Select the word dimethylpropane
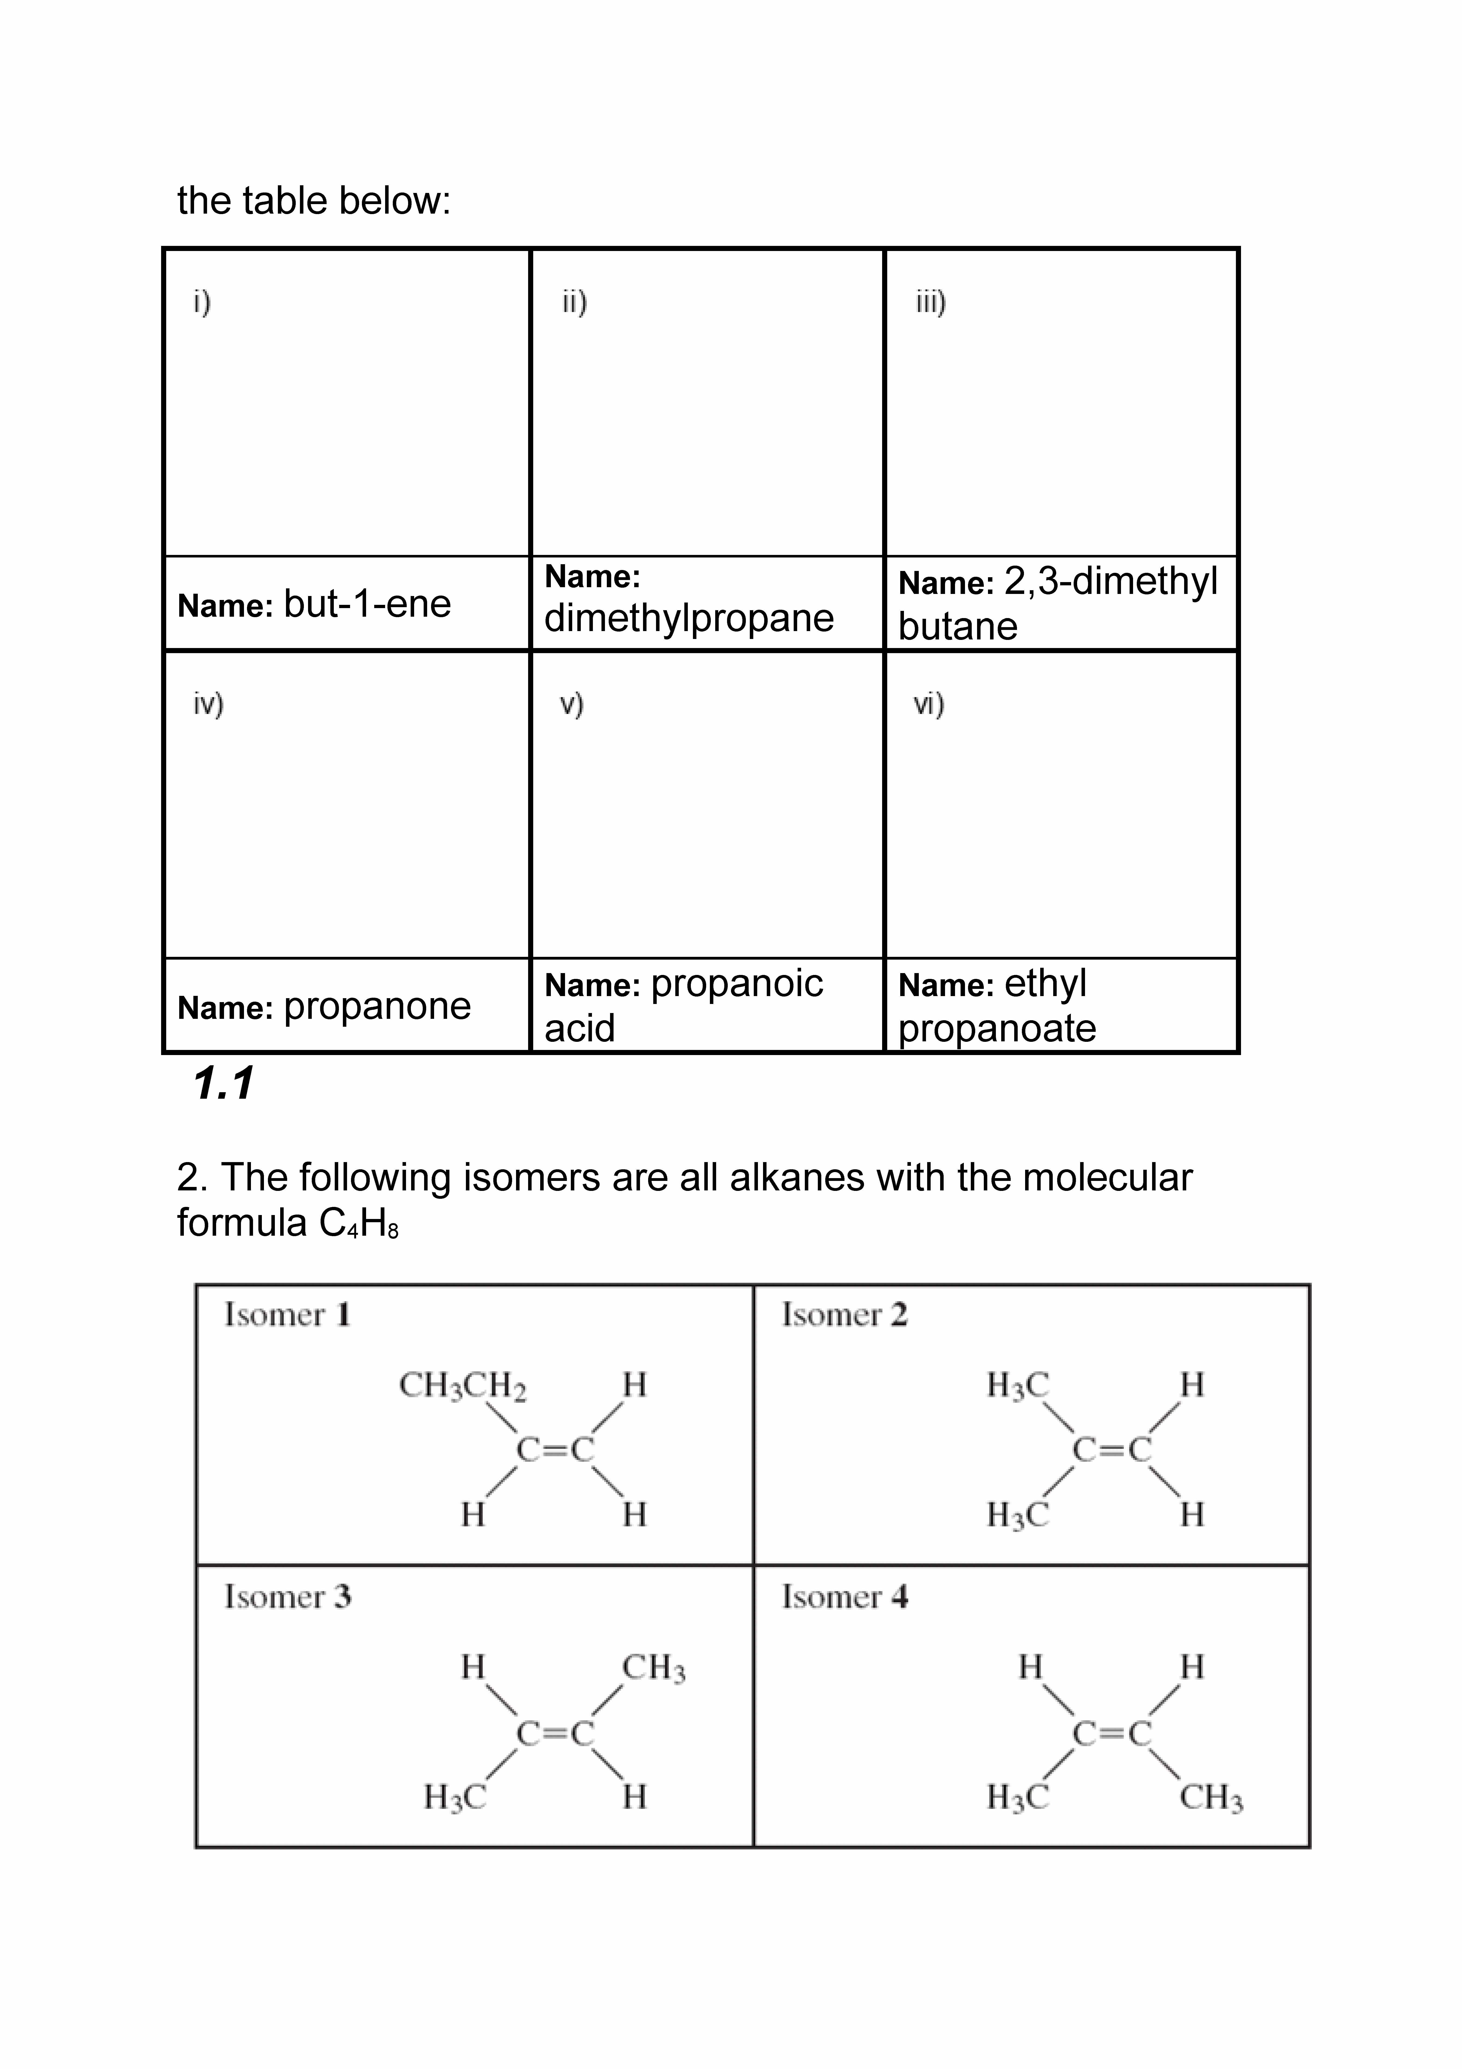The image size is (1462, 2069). [689, 618]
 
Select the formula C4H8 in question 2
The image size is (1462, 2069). [358, 1223]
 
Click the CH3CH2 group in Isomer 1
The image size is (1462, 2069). [462, 1385]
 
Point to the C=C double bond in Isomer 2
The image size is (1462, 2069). [1111, 1450]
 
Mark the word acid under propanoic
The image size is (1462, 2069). [579, 1028]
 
